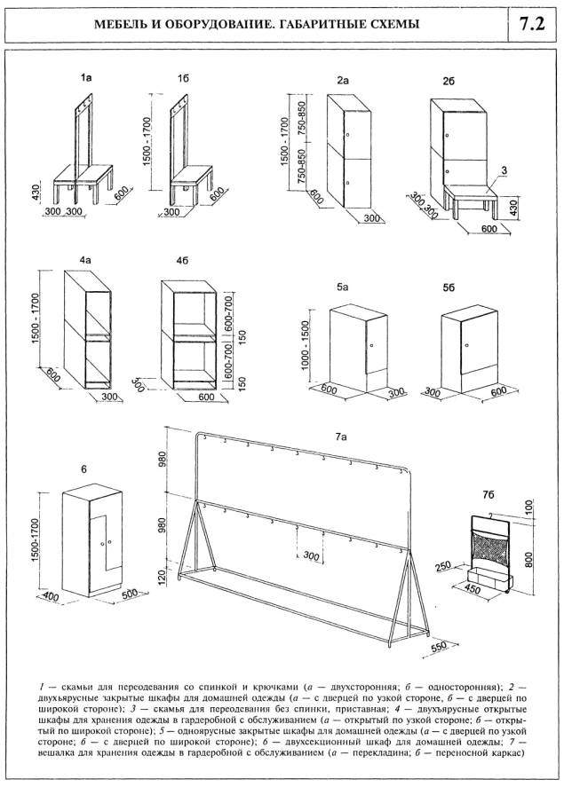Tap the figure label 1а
[85, 80]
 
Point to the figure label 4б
[182, 261]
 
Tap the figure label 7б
[488, 492]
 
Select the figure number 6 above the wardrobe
[83, 468]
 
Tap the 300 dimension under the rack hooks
[308, 557]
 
